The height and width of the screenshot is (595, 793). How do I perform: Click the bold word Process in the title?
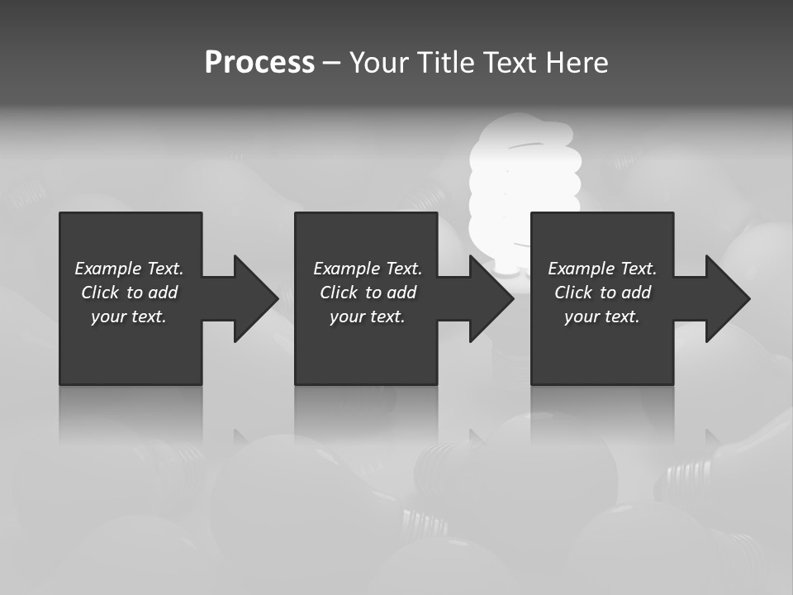259,63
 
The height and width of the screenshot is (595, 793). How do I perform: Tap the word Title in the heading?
444,63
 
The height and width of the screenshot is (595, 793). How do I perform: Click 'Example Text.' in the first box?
129,269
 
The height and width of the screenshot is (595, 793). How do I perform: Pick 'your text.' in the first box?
129,317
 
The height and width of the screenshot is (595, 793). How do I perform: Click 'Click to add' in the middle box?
368,293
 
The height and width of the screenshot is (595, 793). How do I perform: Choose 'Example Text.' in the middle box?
368,269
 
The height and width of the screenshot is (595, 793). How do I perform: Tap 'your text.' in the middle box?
368,317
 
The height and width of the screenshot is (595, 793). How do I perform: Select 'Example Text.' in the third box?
602,269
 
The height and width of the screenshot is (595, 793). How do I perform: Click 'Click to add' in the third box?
602,293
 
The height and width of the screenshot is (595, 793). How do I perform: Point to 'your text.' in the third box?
602,317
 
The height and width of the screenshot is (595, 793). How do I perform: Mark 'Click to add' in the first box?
129,293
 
